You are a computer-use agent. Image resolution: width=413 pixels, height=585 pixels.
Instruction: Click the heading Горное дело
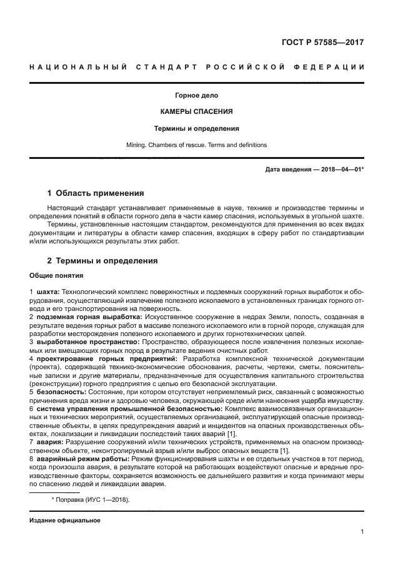click(197, 96)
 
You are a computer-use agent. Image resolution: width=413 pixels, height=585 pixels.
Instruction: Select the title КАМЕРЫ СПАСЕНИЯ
click(197, 112)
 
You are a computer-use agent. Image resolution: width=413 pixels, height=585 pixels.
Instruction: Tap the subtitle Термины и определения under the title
click(197, 128)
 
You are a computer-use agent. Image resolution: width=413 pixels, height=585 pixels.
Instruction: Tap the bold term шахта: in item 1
click(48, 292)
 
